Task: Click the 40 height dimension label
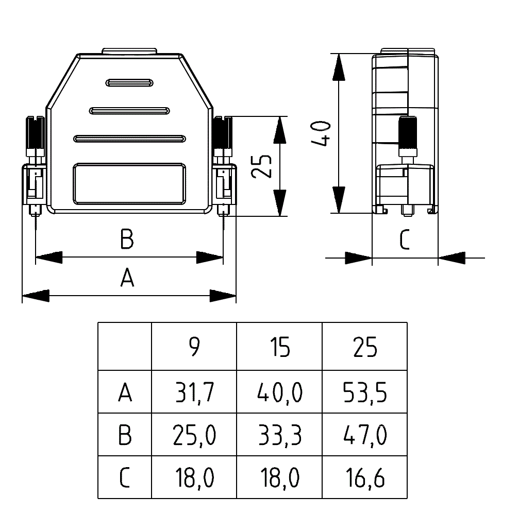tap(321, 133)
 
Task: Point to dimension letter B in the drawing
tap(127, 239)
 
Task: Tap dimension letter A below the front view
tap(127, 278)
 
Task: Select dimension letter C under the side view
tap(405, 240)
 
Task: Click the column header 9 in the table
tap(194, 348)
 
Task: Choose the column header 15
tap(279, 348)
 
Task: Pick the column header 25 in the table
tap(365, 348)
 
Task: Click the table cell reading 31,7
tap(194, 393)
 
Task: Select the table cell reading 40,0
tap(279, 393)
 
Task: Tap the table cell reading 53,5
tap(365, 393)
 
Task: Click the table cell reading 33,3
tap(279, 436)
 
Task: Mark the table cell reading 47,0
tap(365, 436)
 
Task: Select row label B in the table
tap(125, 436)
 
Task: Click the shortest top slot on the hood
tap(129, 82)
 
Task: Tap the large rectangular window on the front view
tap(129, 184)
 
